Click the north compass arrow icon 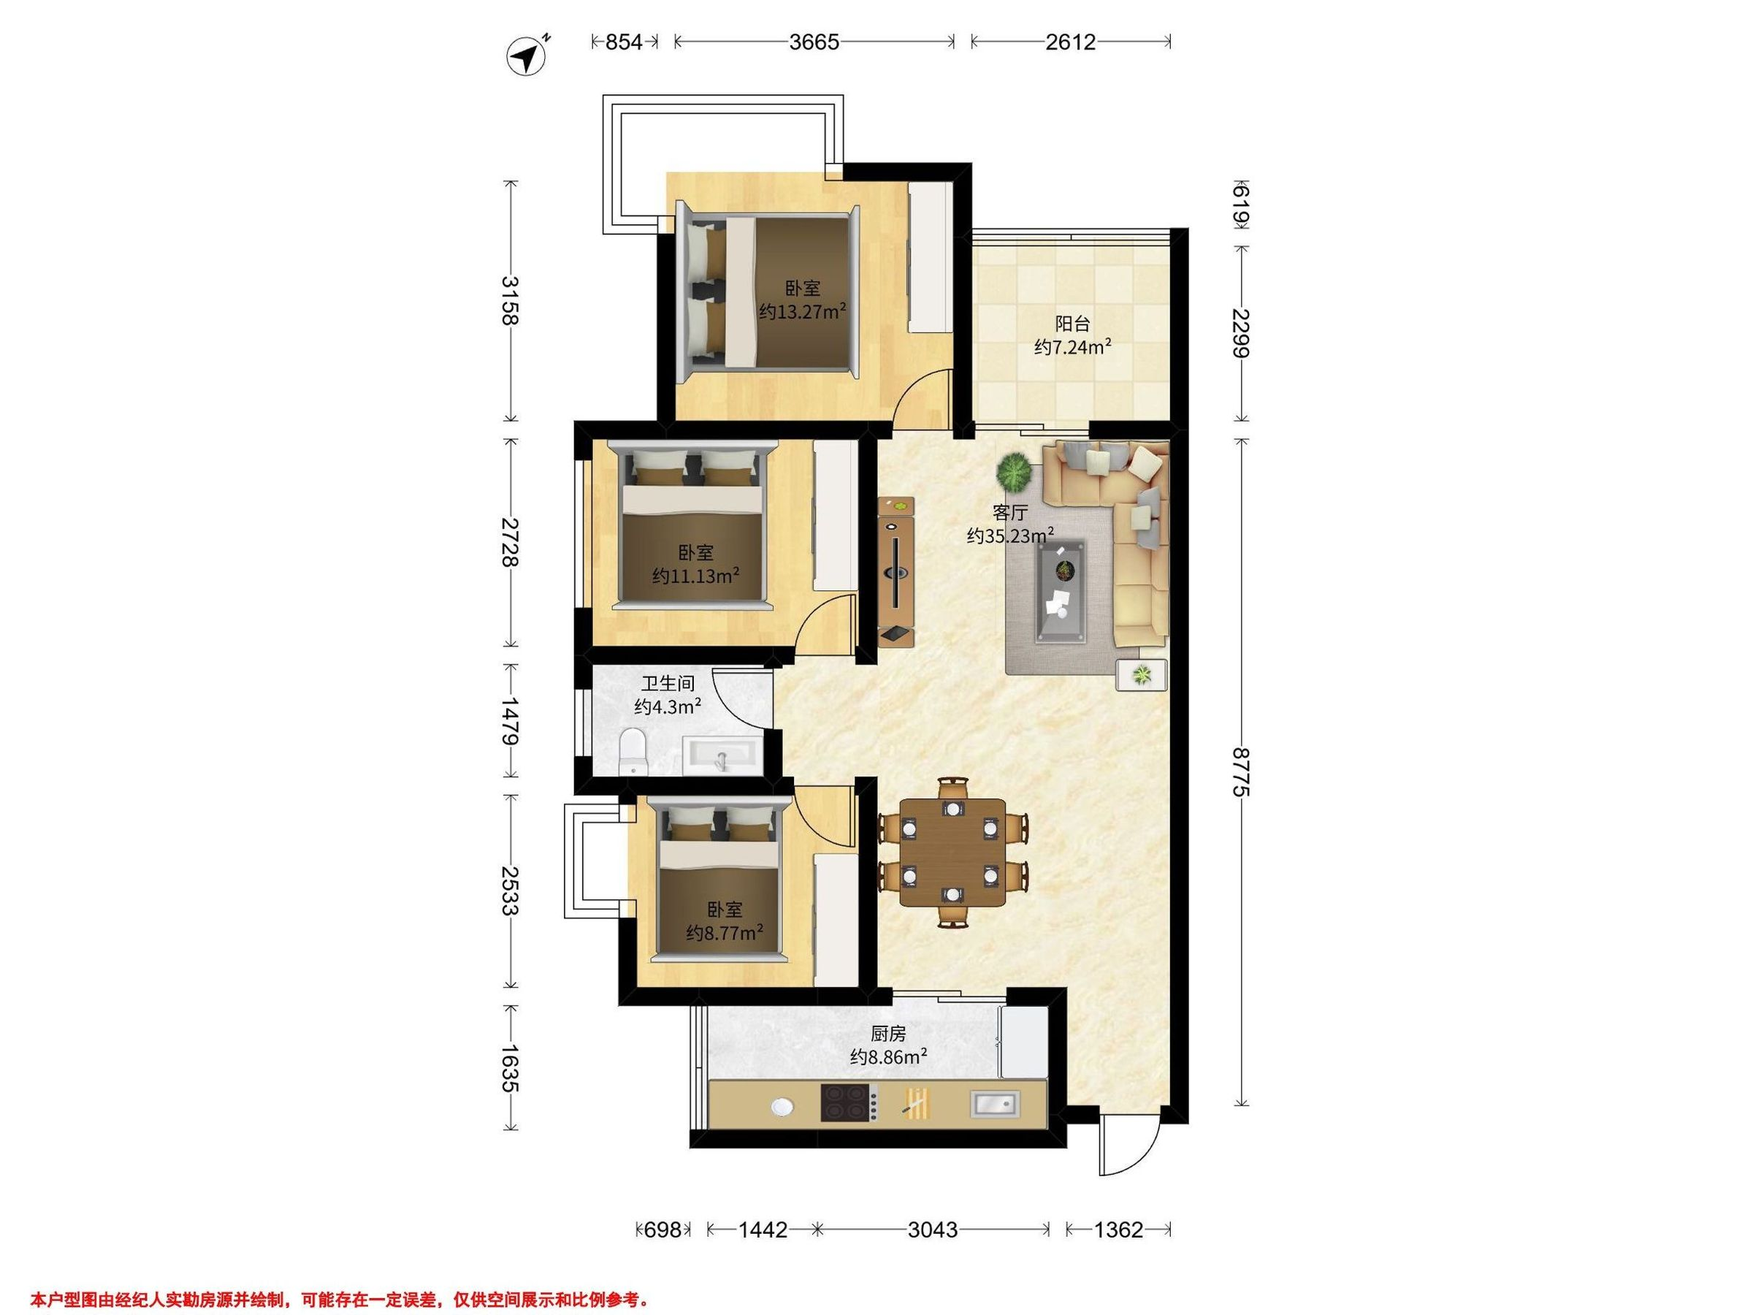[x=527, y=56]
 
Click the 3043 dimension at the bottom [x=932, y=1230]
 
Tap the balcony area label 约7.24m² [x=1072, y=346]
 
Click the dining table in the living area [x=952, y=852]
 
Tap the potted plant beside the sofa [x=1015, y=473]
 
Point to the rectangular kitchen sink [x=996, y=1103]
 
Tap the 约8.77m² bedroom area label [x=725, y=932]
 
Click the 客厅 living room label [x=1009, y=512]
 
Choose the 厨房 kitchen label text [x=887, y=1034]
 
